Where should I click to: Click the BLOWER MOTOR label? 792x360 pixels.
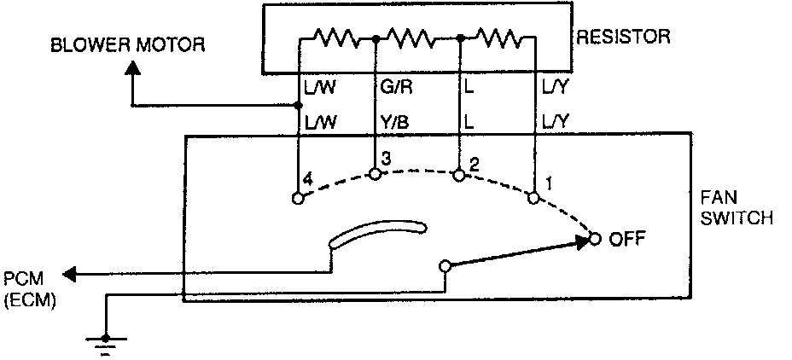click(128, 44)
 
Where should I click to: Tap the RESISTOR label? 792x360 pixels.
click(623, 38)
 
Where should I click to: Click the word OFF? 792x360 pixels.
click(627, 239)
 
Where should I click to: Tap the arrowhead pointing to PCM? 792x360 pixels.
click(70, 274)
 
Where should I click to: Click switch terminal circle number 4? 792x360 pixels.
click(297, 198)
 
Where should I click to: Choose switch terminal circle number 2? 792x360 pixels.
click(459, 175)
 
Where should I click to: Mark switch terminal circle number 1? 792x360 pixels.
click(534, 198)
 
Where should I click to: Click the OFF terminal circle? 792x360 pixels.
click(595, 239)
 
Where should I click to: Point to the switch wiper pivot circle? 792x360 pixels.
click(444, 267)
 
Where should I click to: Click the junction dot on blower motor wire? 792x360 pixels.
click(297, 106)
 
